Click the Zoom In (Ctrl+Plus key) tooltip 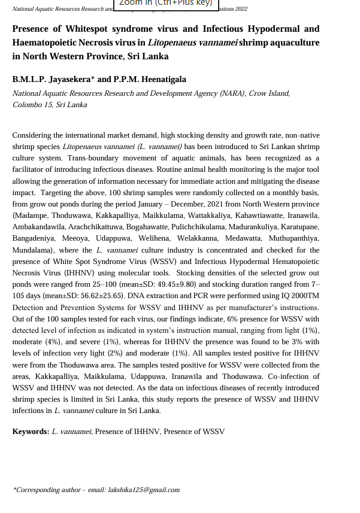pos(165,4)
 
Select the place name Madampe pos(30,215)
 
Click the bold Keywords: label pos(31,432)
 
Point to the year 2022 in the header pos(240,10)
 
